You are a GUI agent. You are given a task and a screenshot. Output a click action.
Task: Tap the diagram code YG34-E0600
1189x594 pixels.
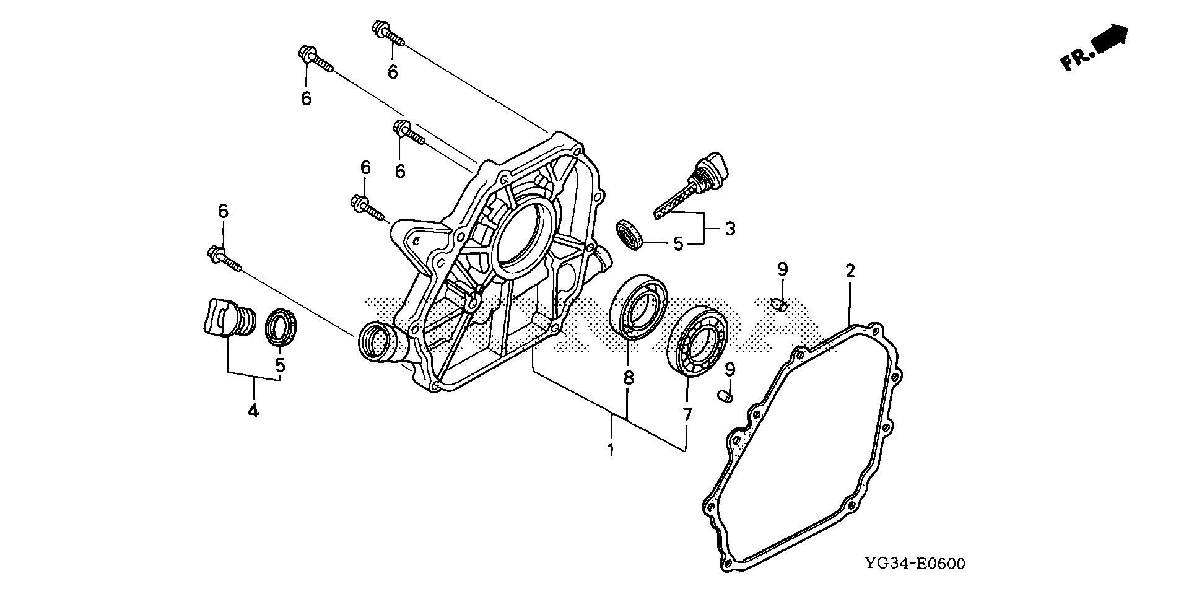click(915, 564)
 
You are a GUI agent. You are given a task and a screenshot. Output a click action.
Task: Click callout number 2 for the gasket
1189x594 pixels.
click(850, 271)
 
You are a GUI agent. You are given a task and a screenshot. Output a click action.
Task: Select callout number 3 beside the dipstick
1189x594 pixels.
click(730, 229)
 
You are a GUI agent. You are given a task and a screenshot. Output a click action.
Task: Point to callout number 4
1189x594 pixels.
click(253, 410)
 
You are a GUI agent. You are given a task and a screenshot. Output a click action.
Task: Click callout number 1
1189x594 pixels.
click(611, 450)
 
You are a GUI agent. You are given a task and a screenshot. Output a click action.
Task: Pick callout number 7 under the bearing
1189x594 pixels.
click(687, 415)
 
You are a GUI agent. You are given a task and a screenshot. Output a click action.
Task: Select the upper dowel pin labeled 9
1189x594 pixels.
click(780, 304)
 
